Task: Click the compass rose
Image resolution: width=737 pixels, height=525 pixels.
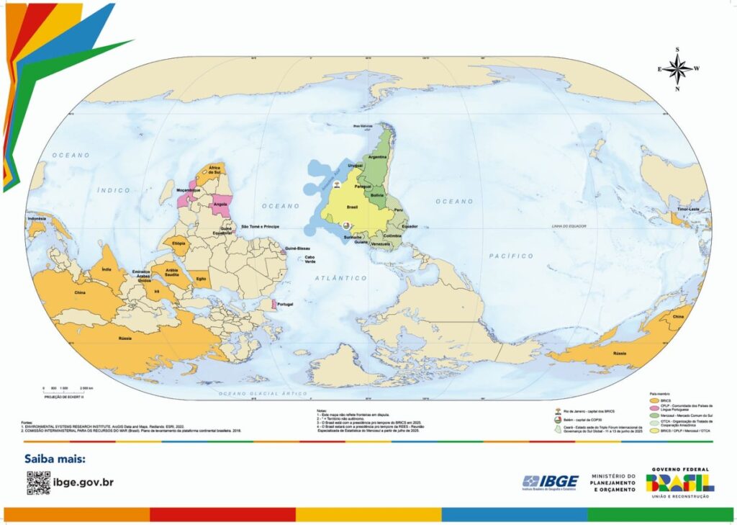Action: (677, 69)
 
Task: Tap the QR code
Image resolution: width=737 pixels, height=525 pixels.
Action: (38, 483)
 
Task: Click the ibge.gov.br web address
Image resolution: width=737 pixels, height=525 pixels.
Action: (83, 483)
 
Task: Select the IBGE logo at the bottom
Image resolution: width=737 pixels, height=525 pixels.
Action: (551, 482)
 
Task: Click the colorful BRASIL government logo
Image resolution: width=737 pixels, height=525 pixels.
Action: (680, 482)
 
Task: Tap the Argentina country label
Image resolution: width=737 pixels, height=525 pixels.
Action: (377, 156)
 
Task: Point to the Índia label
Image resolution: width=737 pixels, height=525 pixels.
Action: (107, 269)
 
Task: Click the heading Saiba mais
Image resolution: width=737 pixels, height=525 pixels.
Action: (55, 459)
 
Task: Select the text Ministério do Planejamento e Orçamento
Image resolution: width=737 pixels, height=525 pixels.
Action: (614, 483)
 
